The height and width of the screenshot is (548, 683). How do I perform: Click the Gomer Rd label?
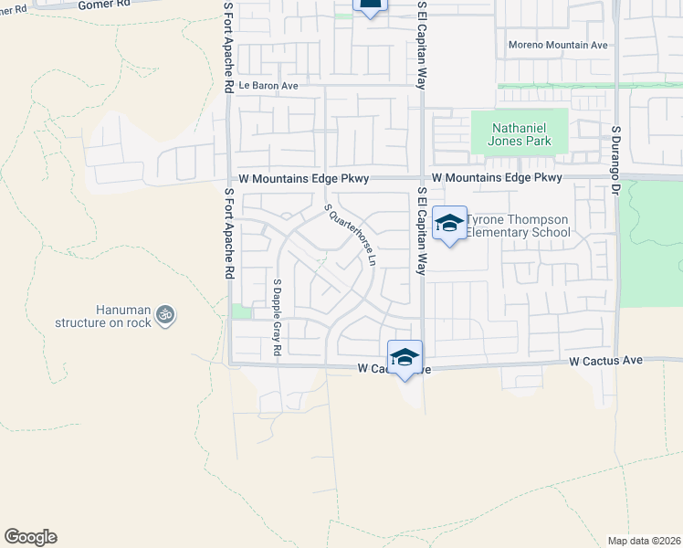(100, 5)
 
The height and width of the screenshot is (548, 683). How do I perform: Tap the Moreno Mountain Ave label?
(558, 45)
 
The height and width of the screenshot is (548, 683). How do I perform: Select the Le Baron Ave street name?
(268, 86)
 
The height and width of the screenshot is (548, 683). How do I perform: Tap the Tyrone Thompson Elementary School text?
(518, 227)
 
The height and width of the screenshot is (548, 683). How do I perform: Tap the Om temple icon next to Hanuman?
(165, 315)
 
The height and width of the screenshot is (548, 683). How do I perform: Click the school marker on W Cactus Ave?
(405, 357)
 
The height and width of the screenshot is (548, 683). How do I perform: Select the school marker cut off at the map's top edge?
(369, 5)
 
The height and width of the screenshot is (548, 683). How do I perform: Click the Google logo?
(30, 537)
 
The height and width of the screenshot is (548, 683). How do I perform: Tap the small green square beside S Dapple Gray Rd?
(241, 312)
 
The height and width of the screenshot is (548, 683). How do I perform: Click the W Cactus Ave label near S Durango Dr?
(605, 362)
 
